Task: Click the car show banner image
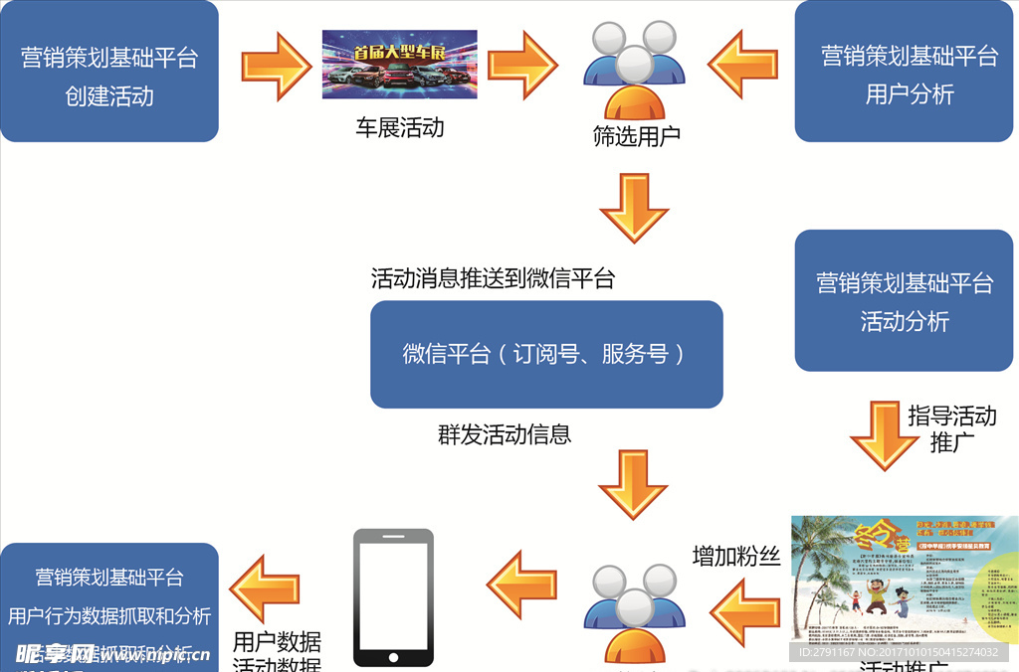(x=399, y=65)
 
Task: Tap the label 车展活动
(x=400, y=127)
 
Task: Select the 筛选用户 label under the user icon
(x=636, y=136)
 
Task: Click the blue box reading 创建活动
(x=109, y=72)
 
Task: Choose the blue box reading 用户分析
(x=909, y=72)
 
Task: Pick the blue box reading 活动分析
(x=905, y=300)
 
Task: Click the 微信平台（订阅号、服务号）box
(x=546, y=354)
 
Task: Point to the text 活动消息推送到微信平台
(x=493, y=278)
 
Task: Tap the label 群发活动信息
(x=505, y=434)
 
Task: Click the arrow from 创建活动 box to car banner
(x=275, y=67)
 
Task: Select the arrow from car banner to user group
(x=522, y=66)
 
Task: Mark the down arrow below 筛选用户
(x=633, y=208)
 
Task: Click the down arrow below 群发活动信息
(x=632, y=484)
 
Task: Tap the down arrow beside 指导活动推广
(x=883, y=434)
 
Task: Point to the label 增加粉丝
(x=735, y=556)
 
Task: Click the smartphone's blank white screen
(x=394, y=593)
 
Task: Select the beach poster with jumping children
(x=904, y=582)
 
